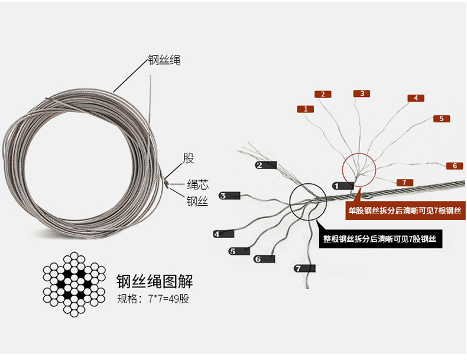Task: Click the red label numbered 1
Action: pyautogui.click(x=305, y=109)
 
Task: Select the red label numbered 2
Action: pyautogui.click(x=322, y=94)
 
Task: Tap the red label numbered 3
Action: pyautogui.click(x=362, y=93)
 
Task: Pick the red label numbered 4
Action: pyautogui.click(x=416, y=98)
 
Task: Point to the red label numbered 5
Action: pyautogui.click(x=441, y=119)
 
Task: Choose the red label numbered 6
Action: pyautogui.click(x=454, y=166)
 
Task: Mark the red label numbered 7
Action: pyautogui.click(x=404, y=182)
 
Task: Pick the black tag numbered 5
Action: pyautogui.click(x=240, y=251)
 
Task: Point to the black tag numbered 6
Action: pyautogui.click(x=264, y=258)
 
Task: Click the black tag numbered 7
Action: pyautogui.click(x=304, y=268)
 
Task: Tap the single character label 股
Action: pyautogui.click(x=188, y=158)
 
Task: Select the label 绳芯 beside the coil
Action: pyautogui.click(x=197, y=184)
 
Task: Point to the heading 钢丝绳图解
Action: pyautogui.click(x=155, y=280)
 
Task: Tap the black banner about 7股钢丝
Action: pyautogui.click(x=379, y=239)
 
